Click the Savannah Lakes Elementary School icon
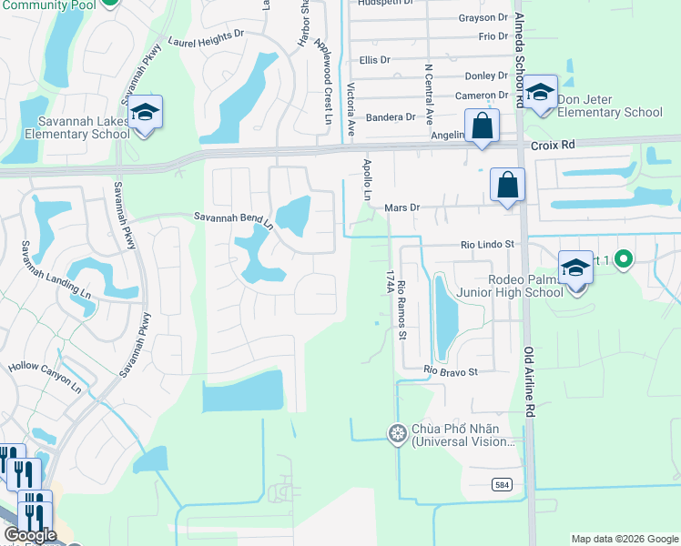pyautogui.click(x=145, y=113)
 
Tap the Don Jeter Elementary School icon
pyautogui.click(x=540, y=93)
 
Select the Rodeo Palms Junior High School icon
pyautogui.click(x=575, y=270)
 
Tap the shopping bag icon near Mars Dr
pyautogui.click(x=508, y=186)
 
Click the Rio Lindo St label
pyautogui.click(x=488, y=244)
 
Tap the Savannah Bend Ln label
pyautogui.click(x=233, y=217)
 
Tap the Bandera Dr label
pyautogui.click(x=390, y=117)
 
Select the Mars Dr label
pyautogui.click(x=401, y=207)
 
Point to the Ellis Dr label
pyautogui.click(x=374, y=59)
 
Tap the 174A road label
pyautogui.click(x=389, y=280)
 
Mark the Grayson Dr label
pyautogui.click(x=483, y=17)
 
